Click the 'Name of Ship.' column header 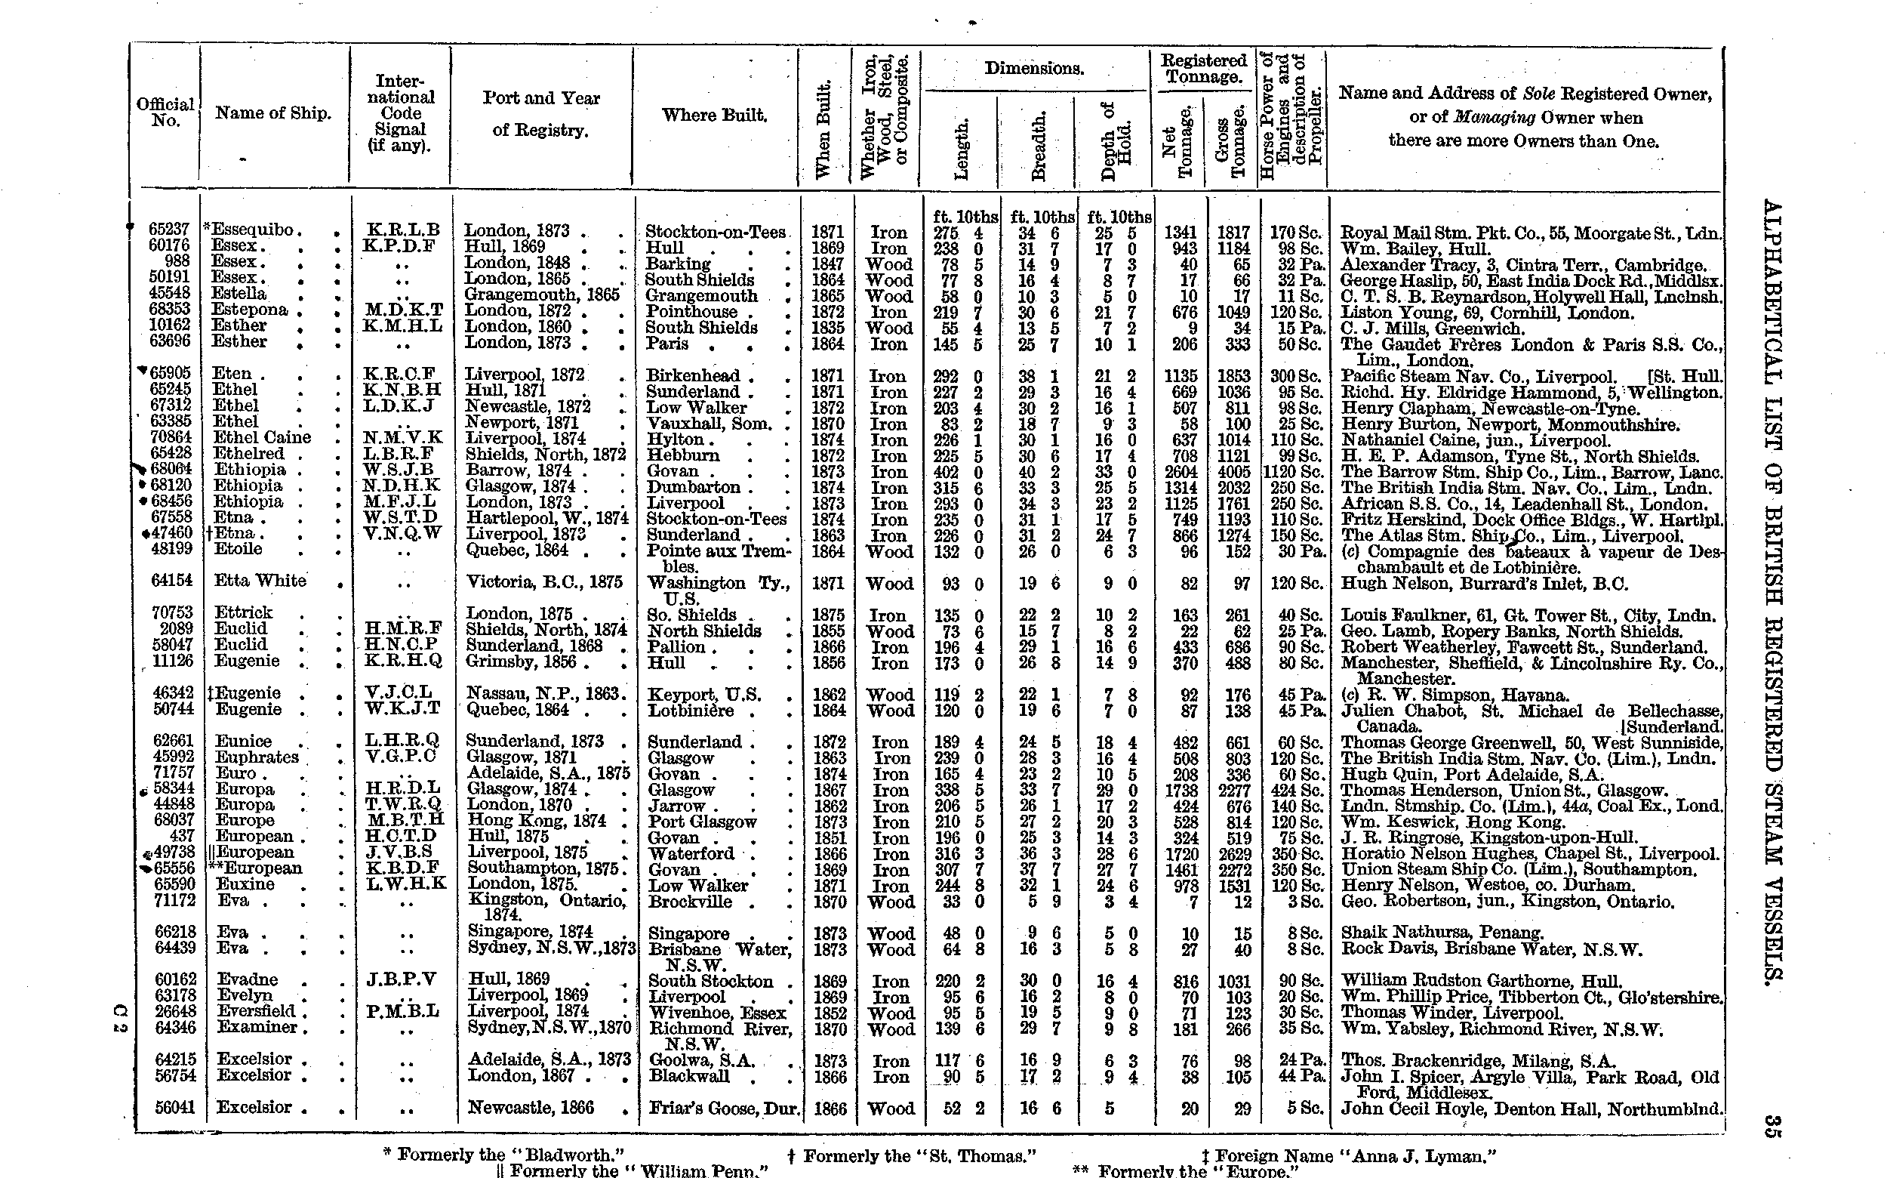(272, 113)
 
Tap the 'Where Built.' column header (714, 116)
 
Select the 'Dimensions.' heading (1034, 69)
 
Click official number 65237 (169, 230)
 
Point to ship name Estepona (250, 310)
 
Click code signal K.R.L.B (402, 230)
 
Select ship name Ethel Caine (262, 438)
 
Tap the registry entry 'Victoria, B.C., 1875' (544, 582)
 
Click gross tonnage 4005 (1233, 472)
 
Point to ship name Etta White (260, 581)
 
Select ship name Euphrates (256, 757)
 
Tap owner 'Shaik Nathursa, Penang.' (1442, 933)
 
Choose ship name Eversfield (256, 1012)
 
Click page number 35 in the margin (1771, 1126)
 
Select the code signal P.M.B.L (401, 1012)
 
